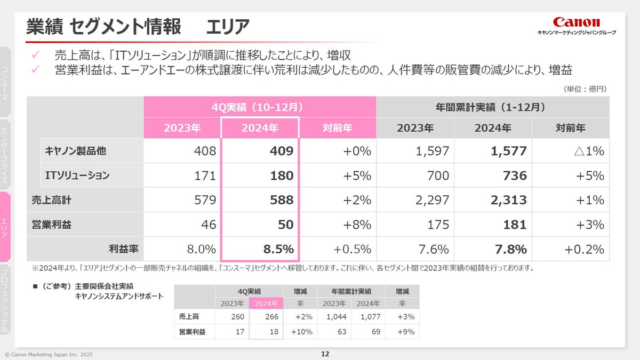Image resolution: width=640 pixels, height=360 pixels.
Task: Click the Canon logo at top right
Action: coord(576,22)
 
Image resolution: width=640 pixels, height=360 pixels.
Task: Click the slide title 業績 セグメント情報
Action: coord(103,26)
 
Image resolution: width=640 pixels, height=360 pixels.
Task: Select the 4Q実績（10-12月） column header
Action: coord(260,107)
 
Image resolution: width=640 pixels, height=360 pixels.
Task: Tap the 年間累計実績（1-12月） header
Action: coord(493,107)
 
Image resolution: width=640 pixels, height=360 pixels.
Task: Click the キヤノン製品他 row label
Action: coord(76,151)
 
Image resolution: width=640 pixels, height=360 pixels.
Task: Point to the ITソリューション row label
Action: coord(77,175)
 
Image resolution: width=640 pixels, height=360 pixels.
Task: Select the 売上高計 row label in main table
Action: coord(51,200)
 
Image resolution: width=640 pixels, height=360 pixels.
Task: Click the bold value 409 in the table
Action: coord(282,151)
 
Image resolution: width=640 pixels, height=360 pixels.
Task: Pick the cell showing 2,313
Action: coord(509,200)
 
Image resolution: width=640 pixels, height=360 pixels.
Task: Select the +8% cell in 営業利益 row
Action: coord(357,225)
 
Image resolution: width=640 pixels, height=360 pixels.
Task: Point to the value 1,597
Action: coord(432,151)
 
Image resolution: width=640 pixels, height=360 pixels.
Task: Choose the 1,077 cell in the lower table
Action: coord(369,317)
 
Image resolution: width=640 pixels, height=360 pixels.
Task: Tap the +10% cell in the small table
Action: coord(301,332)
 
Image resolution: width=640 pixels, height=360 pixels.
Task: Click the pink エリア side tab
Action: coord(5,227)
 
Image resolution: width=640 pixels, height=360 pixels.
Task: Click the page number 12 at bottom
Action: coord(325,354)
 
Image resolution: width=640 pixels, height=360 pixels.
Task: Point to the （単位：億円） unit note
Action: coord(585,89)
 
